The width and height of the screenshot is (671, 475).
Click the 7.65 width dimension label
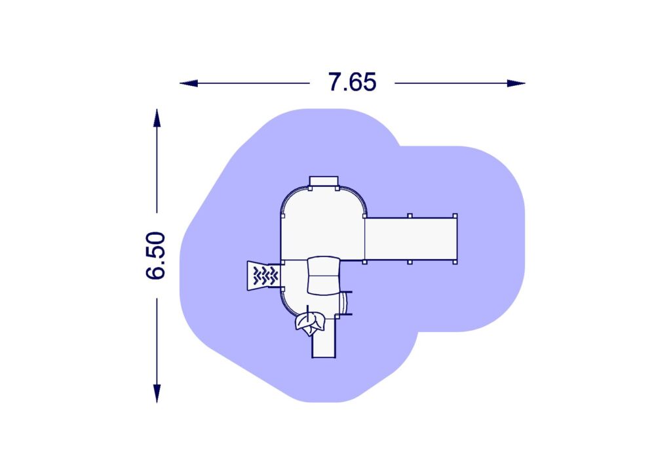(x=352, y=82)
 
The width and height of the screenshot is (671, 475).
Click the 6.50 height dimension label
(x=155, y=256)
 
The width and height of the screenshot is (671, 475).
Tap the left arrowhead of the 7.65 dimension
(x=189, y=83)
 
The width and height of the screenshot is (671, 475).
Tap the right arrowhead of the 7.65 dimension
(x=516, y=83)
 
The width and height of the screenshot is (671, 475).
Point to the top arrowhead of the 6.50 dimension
(x=157, y=118)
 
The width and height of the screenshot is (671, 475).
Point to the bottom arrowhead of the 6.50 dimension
(x=157, y=394)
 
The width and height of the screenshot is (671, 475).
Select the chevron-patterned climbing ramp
(x=263, y=276)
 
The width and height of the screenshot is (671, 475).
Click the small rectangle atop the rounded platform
(x=324, y=181)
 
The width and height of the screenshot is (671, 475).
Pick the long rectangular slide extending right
(x=411, y=239)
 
